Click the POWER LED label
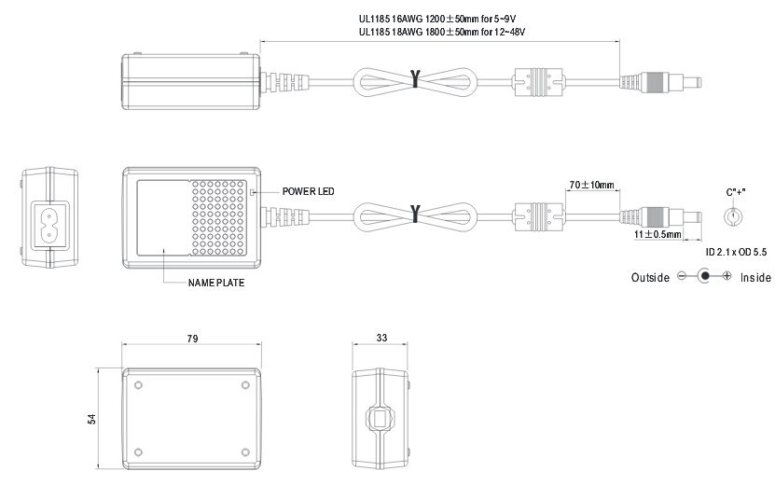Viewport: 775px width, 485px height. click(309, 190)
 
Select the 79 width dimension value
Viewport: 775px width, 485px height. click(192, 339)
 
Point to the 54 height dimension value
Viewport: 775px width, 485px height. click(92, 419)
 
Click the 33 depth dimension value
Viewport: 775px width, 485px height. click(381, 339)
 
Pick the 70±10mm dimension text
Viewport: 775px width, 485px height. click(591, 185)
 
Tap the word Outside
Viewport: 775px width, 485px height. click(650, 278)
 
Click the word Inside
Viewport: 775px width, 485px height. click(755, 278)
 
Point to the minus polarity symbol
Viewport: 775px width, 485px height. click(682, 277)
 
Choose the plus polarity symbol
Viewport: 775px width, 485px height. click(727, 277)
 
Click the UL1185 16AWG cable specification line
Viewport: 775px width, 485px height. click(437, 18)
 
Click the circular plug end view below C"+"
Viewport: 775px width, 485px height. click(734, 216)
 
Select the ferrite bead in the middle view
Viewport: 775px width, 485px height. click(537, 215)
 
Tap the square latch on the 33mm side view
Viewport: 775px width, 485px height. click(381, 419)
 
